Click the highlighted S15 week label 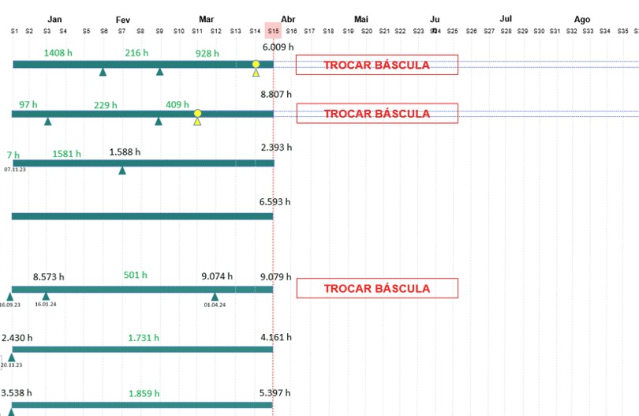point(273,31)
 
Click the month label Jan point(54,19)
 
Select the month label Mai point(361,19)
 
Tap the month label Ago point(581,19)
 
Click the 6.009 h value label point(278,47)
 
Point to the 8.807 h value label point(276,94)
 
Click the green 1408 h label point(58,52)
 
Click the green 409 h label point(177,104)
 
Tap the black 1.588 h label point(125,152)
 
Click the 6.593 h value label point(275,201)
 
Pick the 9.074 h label point(217,276)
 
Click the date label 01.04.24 point(215,305)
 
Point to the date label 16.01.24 point(45,304)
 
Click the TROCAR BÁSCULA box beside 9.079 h point(376,288)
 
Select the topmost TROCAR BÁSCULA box point(376,65)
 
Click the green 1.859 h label point(144,392)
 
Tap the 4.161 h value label point(276,337)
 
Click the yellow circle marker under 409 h point(197,114)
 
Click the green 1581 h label point(66,154)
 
